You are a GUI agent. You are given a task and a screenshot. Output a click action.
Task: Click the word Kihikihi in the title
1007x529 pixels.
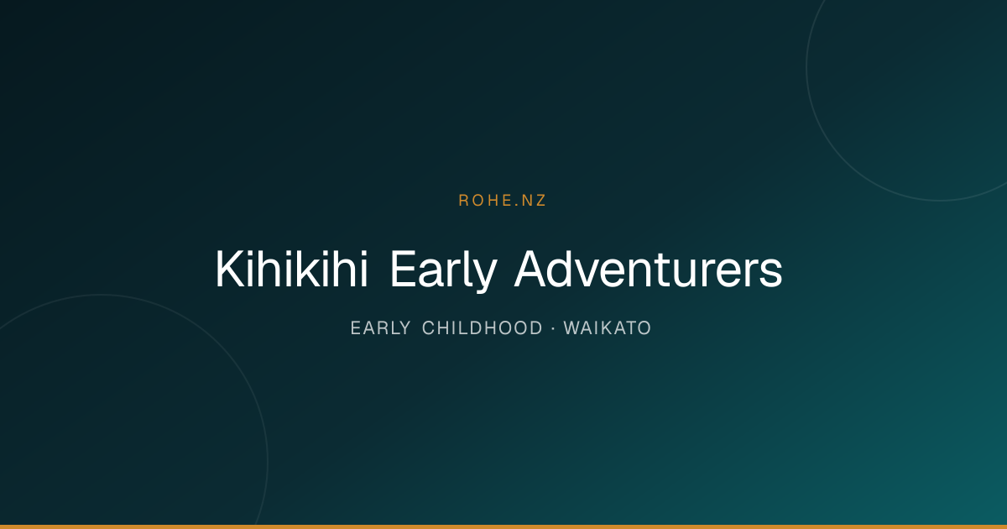pos(292,269)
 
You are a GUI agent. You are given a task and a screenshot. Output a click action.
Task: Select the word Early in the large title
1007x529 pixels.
pos(443,270)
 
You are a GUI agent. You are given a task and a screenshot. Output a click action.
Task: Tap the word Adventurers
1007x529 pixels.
pos(648,269)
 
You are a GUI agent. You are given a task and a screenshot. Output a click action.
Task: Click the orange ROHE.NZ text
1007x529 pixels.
pos(502,201)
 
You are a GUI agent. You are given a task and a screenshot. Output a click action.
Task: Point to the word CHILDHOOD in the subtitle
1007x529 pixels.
pos(483,328)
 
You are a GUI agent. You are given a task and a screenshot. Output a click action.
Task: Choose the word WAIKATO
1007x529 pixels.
pos(608,328)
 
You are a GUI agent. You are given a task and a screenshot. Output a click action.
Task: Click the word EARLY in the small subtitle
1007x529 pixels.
pos(380,328)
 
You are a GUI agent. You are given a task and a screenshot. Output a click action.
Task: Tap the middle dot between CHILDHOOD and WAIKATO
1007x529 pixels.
pos(553,329)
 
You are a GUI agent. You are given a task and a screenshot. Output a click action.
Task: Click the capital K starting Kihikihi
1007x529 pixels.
pos(230,269)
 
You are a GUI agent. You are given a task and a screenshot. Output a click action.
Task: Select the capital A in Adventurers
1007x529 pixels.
pos(530,269)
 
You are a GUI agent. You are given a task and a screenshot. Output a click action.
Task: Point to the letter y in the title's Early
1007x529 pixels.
pos(486,276)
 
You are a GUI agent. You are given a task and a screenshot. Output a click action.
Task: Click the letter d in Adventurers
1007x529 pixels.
pos(561,269)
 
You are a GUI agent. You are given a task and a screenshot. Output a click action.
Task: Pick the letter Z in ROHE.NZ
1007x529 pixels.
pos(540,201)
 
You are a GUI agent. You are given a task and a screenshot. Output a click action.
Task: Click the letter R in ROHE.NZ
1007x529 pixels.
pos(463,201)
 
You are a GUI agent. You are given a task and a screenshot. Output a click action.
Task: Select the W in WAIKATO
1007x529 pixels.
pos(572,328)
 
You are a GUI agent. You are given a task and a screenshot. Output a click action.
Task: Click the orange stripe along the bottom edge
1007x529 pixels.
pos(503,526)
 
